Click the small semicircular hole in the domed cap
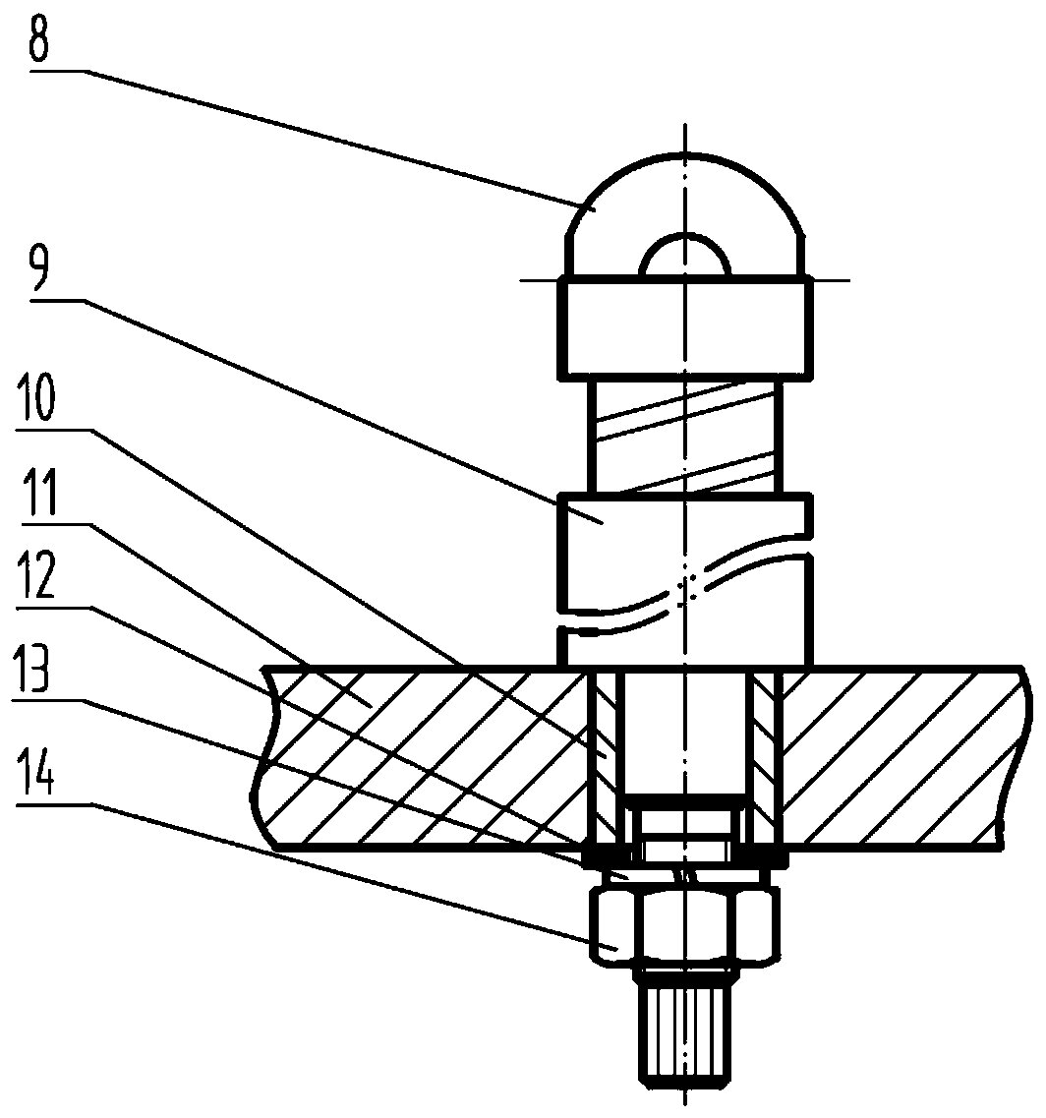(685, 258)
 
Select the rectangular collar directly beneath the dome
(685, 327)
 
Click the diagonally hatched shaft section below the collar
(685, 436)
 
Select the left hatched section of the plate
(423, 755)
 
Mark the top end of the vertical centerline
(685, 128)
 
